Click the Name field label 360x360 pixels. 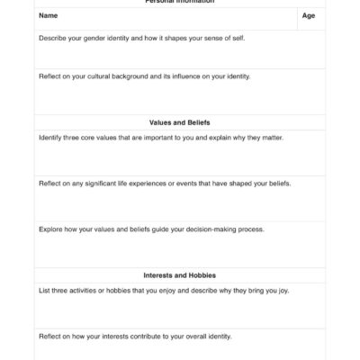pos(47,16)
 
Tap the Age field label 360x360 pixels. pos(309,16)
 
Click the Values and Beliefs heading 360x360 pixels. pos(180,121)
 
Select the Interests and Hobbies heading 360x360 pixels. pos(180,275)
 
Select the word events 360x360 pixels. pos(215,183)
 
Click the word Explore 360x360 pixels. pos(50,229)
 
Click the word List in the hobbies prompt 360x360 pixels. pos(45,291)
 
